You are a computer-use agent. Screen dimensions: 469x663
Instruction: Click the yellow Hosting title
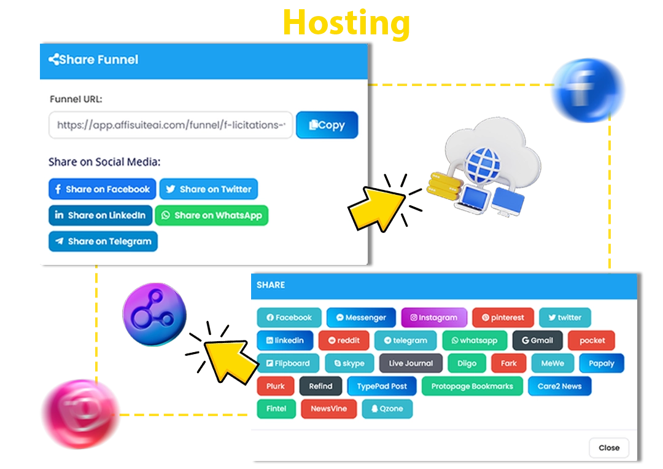346,23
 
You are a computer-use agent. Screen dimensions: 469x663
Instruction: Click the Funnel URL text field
171,125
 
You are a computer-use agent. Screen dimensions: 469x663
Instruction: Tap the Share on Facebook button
103,189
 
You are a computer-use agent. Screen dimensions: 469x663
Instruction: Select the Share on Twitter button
209,189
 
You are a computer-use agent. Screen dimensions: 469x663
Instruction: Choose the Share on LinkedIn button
100,215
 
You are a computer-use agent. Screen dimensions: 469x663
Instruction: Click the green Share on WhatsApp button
212,215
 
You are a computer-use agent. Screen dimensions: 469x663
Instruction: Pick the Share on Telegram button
103,241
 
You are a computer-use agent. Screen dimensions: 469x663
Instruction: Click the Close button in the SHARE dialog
608,447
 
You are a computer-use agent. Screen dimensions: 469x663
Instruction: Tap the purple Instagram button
434,318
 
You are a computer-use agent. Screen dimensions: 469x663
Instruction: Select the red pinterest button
503,318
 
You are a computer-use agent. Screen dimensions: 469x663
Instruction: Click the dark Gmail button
537,341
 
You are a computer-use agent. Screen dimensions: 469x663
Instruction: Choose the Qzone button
387,409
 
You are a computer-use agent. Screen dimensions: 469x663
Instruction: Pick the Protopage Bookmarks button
471,386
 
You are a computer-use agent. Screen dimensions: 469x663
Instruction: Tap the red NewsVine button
328,409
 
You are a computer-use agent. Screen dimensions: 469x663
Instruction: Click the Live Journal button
411,363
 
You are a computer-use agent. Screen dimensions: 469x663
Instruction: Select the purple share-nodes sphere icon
154,315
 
